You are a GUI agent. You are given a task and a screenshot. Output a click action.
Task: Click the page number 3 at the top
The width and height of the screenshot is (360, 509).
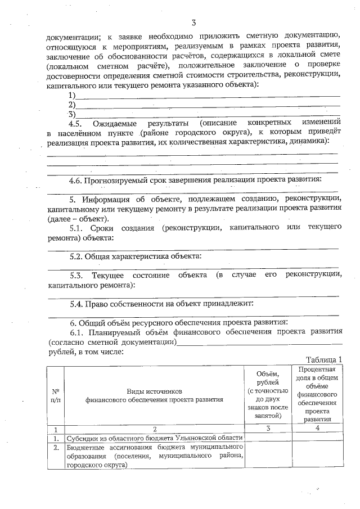coord(193,22)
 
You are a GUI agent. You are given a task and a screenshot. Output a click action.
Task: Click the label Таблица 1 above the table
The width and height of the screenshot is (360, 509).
coord(323,360)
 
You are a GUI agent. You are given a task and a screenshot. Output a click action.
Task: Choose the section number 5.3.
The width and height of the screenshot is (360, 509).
coord(78,274)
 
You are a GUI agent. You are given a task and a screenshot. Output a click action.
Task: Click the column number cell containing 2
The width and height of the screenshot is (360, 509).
coord(154,429)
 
